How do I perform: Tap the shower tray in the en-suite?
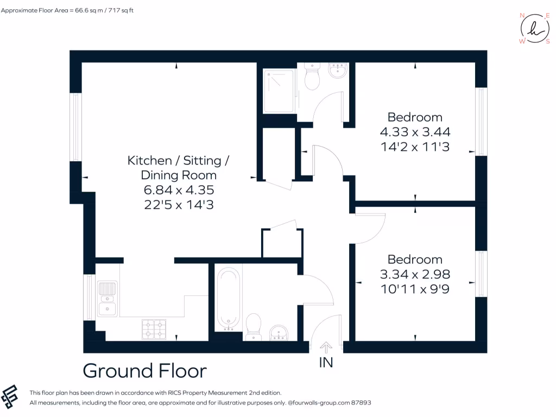279,91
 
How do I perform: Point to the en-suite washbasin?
338,71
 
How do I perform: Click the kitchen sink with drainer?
107,299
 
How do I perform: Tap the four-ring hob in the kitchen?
154,328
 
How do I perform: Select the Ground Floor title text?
144,371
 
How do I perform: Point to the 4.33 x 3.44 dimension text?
415,131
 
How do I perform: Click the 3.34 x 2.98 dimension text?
415,274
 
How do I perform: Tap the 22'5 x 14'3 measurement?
178,204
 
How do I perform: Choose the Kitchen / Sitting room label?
178,161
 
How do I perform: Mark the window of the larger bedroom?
480,122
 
